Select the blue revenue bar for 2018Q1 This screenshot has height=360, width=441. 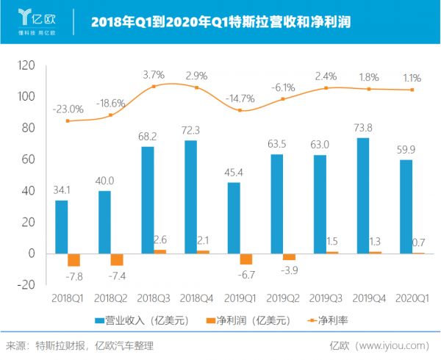(62, 226)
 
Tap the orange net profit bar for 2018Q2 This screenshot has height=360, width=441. (116, 259)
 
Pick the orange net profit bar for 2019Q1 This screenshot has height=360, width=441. (245, 259)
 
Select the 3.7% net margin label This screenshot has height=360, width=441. (152, 75)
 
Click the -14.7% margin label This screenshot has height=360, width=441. (240, 98)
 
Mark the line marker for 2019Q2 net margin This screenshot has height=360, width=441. (282, 98)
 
